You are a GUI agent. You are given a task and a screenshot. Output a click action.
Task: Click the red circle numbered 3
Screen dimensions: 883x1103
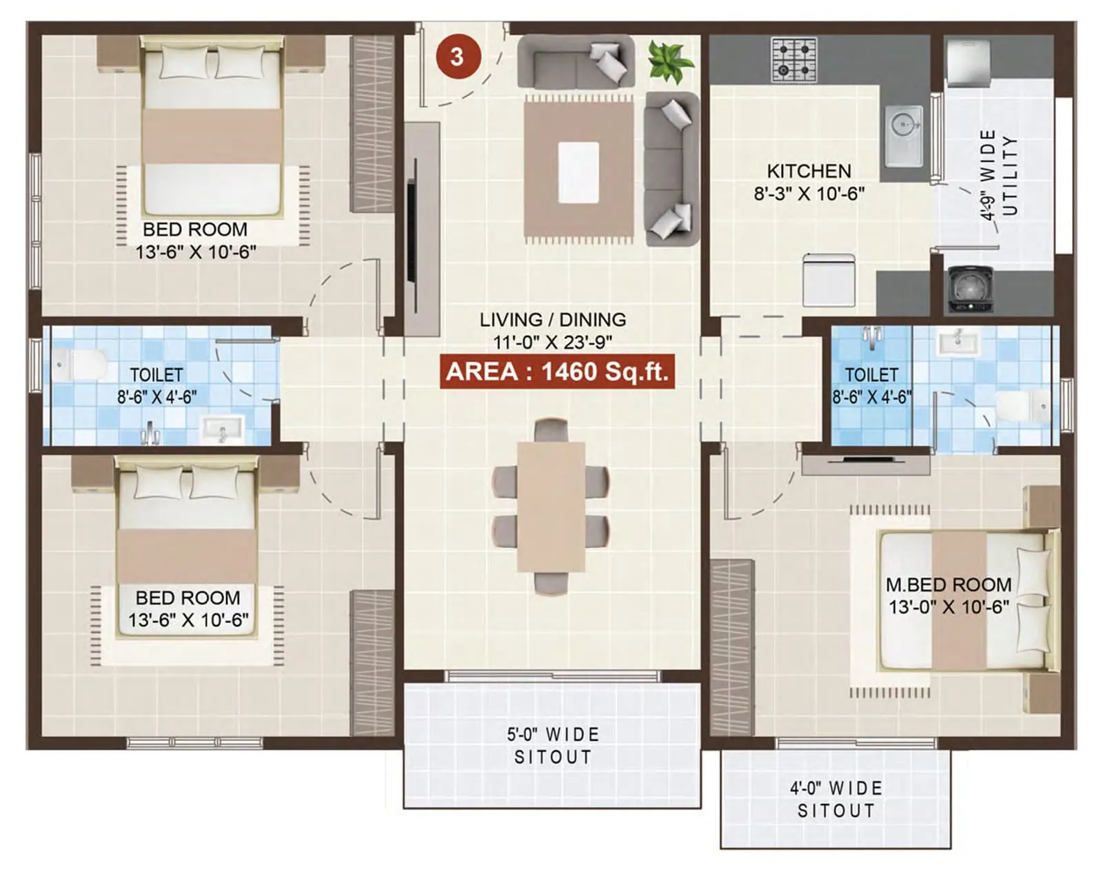coord(457,57)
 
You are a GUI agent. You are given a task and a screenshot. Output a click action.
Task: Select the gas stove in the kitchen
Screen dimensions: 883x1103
coord(793,59)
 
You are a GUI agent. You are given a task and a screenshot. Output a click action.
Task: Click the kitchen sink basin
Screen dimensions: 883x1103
coord(903,135)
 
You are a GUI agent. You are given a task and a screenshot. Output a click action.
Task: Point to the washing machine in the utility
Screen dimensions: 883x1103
coord(969,289)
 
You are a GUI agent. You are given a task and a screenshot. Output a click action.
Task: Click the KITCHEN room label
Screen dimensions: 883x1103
coord(809,171)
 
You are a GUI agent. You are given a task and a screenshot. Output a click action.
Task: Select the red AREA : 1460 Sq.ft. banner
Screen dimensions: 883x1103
coord(557,372)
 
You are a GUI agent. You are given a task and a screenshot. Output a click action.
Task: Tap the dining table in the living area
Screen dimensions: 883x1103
coord(551,507)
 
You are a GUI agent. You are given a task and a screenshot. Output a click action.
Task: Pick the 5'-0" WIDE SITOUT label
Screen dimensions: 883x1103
coord(553,746)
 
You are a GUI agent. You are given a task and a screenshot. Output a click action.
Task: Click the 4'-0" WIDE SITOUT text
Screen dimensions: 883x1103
coord(836,800)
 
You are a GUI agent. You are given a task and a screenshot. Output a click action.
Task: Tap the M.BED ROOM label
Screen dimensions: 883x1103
coord(948,585)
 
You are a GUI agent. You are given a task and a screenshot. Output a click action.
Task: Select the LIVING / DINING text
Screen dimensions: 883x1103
coord(553,320)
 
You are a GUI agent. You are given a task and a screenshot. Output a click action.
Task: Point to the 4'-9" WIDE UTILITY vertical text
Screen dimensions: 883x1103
coord(998,175)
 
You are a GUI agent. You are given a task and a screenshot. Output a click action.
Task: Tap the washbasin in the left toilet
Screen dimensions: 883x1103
coord(222,428)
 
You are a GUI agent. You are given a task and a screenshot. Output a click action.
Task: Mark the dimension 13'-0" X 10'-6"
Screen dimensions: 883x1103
coord(949,607)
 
